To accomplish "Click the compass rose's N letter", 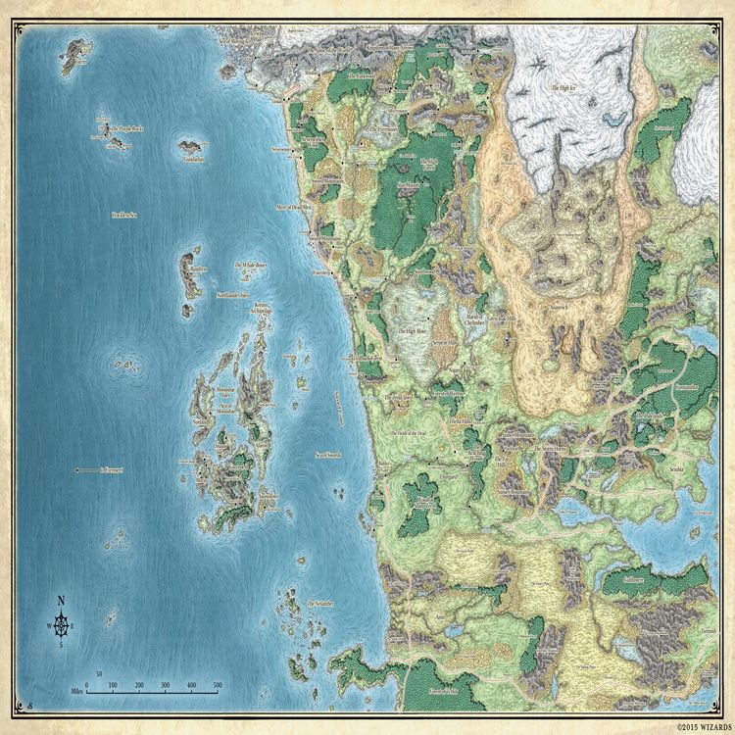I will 61,601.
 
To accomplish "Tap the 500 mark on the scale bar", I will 218,685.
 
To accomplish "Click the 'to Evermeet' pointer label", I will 117,470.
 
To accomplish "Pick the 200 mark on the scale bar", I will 139,685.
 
